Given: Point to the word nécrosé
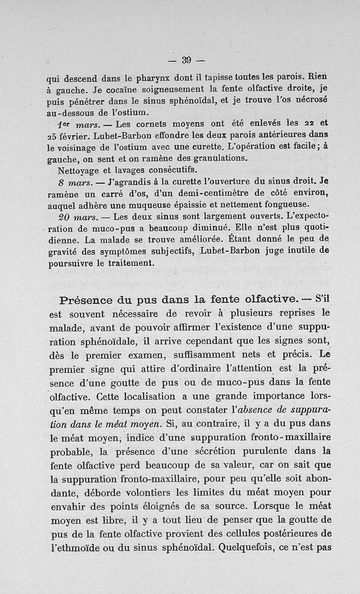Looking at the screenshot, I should (x=320, y=100).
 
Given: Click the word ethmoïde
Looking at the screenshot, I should (x=70, y=548).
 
